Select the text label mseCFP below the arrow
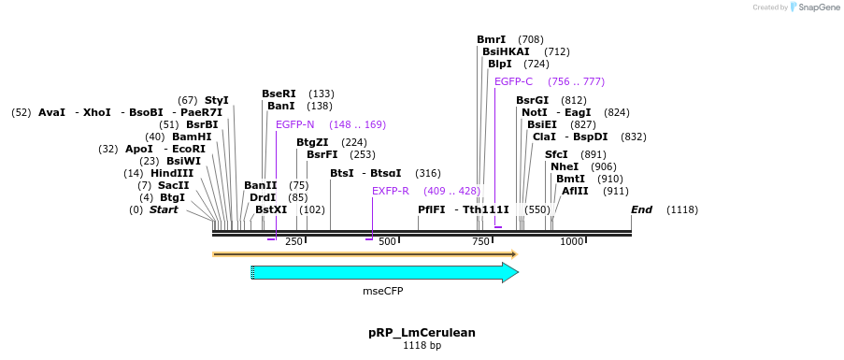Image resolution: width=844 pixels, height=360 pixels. tap(383, 291)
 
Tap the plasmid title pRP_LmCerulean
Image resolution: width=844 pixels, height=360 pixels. tap(422, 332)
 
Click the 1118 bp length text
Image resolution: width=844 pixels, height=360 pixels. tap(422, 346)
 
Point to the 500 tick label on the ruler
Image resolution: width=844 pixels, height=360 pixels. tap(387, 241)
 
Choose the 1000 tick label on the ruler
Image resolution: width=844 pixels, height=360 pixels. tap(571, 241)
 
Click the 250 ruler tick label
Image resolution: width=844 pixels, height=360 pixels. tap(293, 241)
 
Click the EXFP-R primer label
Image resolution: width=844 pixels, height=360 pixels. tap(391, 191)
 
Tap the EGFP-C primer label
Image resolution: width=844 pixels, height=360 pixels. tap(513, 81)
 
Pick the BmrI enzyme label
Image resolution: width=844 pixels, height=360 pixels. tap(491, 39)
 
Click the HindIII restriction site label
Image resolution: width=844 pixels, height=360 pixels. tap(172, 173)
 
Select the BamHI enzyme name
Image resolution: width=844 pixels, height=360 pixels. tap(192, 137)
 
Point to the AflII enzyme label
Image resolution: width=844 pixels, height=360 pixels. tap(575, 191)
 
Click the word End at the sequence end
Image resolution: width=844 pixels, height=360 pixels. tap(641, 209)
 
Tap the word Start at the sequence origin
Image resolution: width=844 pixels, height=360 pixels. tap(164, 209)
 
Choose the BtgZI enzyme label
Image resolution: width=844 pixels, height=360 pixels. tap(312, 142)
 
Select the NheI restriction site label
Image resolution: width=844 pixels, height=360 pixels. tap(565, 166)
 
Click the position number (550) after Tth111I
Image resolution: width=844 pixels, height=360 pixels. tap(537, 209)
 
